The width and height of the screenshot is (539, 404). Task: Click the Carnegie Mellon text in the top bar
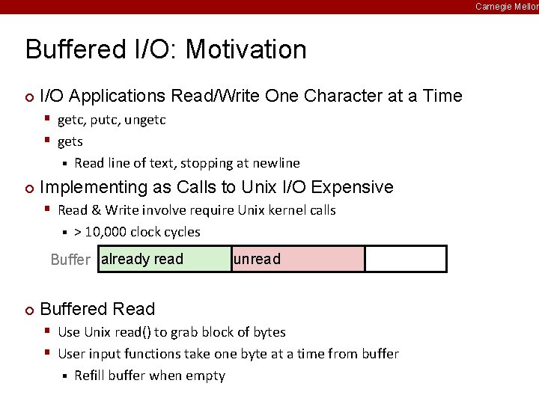click(x=507, y=6)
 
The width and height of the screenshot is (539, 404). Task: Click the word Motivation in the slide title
click(x=246, y=49)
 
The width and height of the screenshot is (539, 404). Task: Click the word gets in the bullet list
click(x=70, y=141)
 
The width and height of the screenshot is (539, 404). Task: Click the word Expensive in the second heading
click(x=351, y=187)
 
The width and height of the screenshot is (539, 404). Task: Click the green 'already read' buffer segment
click(x=165, y=259)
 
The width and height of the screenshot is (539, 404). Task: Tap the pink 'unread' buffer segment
click(x=298, y=259)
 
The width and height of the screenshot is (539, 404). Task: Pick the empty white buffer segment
click(x=405, y=259)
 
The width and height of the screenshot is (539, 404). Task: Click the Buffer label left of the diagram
click(x=70, y=260)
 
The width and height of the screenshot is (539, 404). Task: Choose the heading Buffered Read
click(x=97, y=309)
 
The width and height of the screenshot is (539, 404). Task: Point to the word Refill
click(x=91, y=376)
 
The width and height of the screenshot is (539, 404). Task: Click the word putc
click(x=104, y=120)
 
